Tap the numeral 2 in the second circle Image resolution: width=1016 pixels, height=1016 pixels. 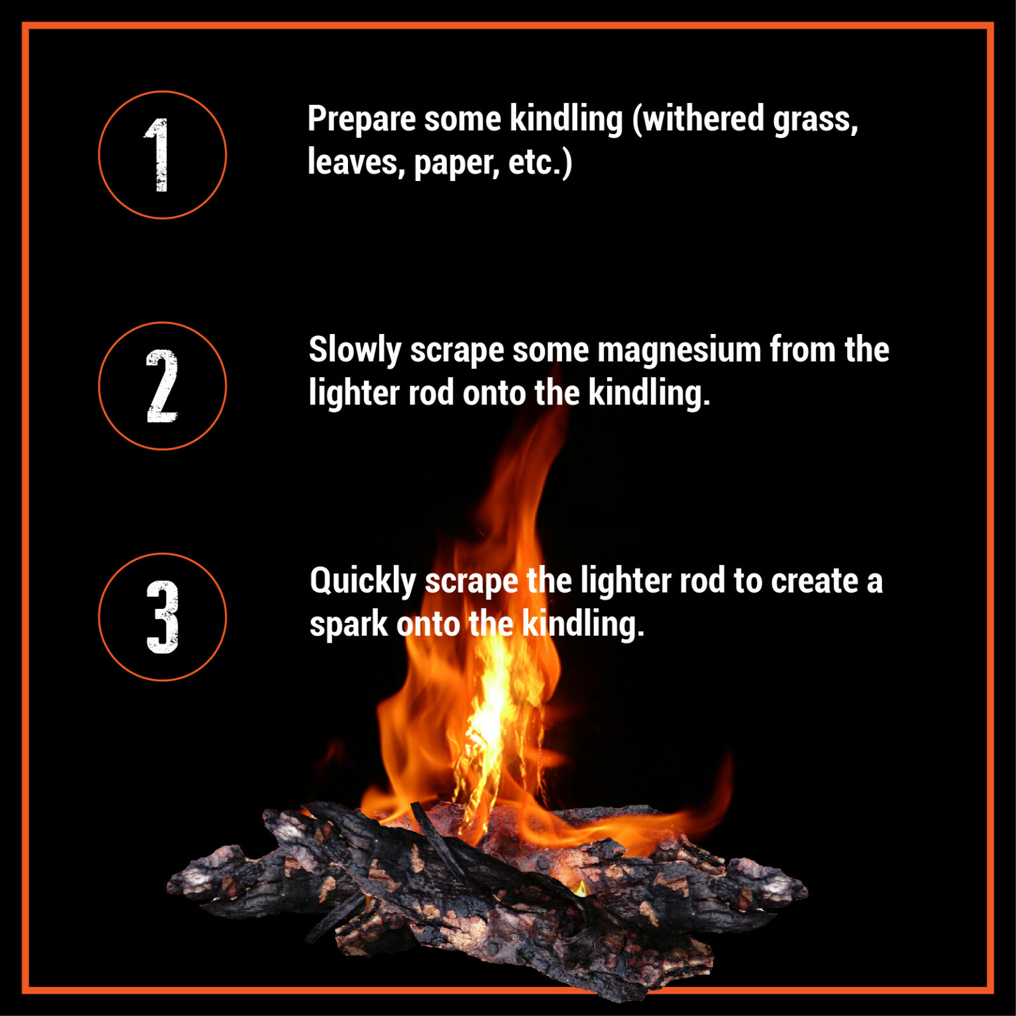162,385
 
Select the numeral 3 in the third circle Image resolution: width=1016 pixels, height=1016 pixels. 163,617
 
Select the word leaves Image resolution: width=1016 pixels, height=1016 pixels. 356,163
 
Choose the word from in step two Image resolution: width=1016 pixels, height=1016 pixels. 803,350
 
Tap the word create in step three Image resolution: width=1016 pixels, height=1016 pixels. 815,582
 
